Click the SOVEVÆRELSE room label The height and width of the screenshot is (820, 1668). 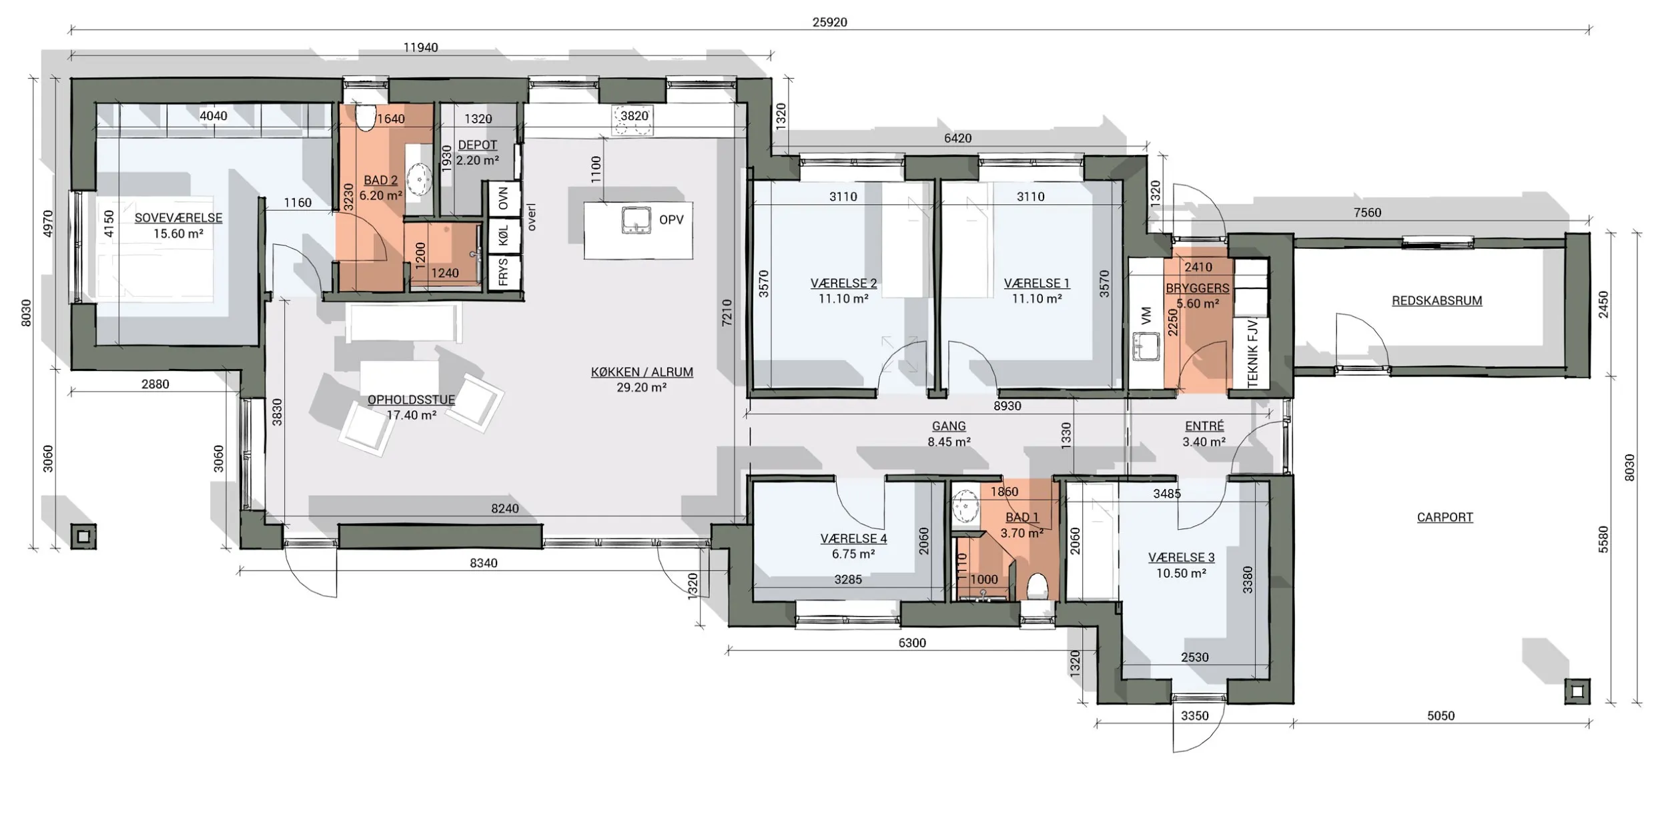point(178,218)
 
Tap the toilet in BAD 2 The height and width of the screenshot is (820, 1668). point(365,117)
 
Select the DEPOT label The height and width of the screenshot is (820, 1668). point(478,145)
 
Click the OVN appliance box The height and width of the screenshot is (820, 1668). point(504,198)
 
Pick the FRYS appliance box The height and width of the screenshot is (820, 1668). point(504,272)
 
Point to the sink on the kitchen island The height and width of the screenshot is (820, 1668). point(636,220)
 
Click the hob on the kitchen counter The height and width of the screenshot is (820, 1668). point(633,123)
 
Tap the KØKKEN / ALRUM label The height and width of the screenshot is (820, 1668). point(642,372)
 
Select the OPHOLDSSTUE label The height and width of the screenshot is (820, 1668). point(411,400)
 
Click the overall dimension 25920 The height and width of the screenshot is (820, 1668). point(829,22)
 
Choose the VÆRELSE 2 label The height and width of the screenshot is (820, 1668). point(843,284)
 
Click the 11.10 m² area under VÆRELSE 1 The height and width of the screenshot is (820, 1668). point(1037,299)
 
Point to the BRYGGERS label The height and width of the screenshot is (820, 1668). point(1198,289)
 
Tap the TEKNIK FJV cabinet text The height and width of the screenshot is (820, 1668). point(1252,353)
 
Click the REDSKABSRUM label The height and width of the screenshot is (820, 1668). point(1436,301)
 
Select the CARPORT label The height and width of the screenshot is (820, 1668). point(1444,517)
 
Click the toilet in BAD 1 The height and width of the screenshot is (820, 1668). point(1037,587)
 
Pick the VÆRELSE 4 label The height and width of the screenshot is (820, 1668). point(853,539)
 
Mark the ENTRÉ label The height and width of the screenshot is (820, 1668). point(1204,426)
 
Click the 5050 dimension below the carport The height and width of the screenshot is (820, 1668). point(1440,716)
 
